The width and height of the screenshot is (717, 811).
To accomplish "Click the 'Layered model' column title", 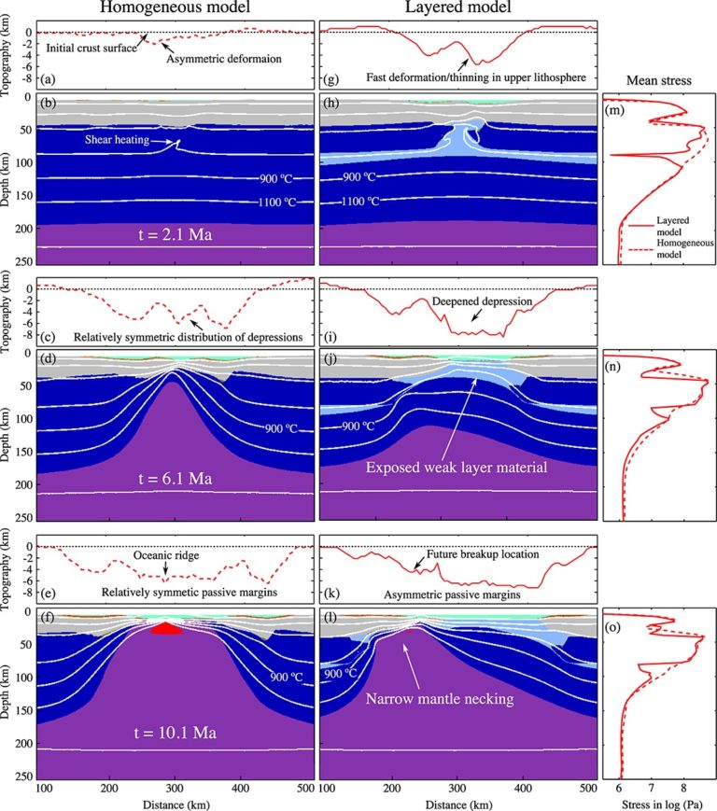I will tap(458, 11).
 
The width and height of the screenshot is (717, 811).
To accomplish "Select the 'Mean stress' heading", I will tap(658, 81).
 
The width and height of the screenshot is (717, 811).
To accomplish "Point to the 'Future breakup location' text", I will tap(484, 553).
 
